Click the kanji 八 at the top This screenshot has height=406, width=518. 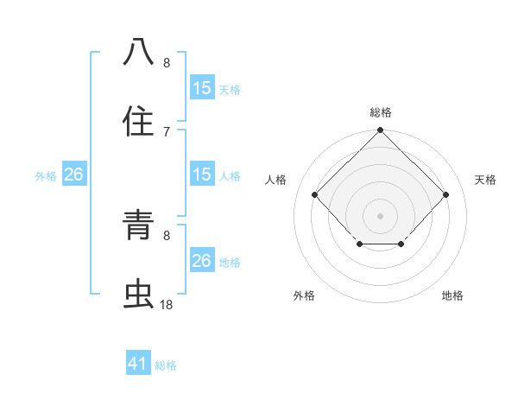139,52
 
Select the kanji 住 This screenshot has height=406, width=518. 139,121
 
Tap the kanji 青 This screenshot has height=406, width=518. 139,226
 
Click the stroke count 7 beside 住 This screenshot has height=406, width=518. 167,131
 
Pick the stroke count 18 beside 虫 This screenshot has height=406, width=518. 167,305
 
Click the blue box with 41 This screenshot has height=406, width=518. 138,364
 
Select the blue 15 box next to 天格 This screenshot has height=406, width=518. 201,88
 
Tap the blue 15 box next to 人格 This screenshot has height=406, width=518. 201,175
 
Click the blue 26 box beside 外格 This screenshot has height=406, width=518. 73,175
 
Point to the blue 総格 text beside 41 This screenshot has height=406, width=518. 167,365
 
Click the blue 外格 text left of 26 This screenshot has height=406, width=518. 46,176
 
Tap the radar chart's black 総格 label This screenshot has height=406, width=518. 380,112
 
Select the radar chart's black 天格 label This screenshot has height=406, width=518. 486,180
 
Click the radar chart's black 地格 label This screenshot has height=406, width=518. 452,295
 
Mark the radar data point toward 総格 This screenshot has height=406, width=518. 380,131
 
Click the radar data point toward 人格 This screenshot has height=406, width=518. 315,194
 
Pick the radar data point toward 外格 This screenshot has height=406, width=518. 359,245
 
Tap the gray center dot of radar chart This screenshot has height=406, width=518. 380,215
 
